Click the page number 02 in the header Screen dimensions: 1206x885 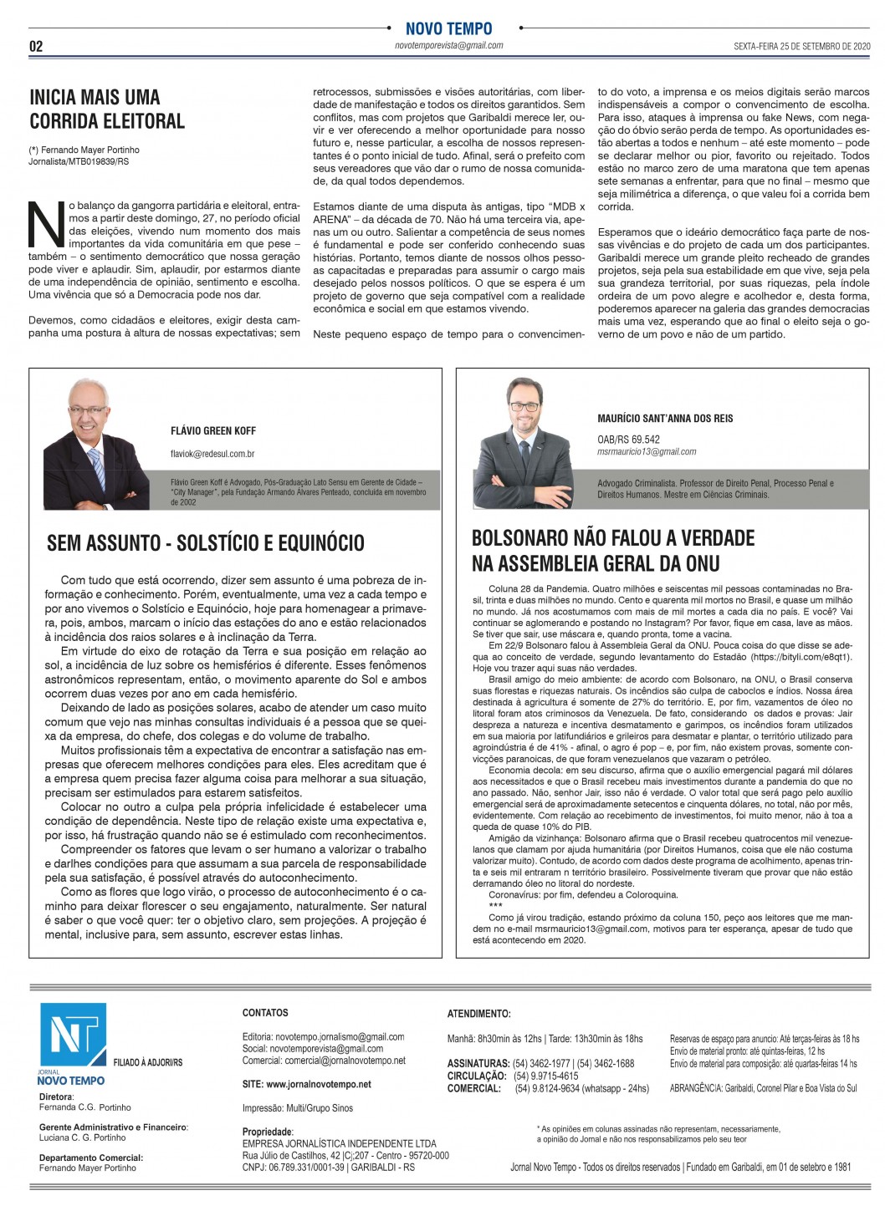36,46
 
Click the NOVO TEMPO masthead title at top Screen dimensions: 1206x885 448,28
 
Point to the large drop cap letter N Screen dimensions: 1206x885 46,225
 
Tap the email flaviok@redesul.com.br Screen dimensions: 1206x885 212,454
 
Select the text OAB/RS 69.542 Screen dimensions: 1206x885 628,439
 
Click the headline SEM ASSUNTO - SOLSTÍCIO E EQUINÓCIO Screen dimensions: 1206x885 206,543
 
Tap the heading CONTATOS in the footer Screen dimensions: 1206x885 265,1012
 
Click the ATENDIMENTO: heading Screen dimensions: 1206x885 478,1014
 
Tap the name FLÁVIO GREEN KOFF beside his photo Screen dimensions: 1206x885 213,430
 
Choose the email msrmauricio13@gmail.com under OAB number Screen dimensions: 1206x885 647,451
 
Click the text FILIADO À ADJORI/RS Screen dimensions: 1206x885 148,1062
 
